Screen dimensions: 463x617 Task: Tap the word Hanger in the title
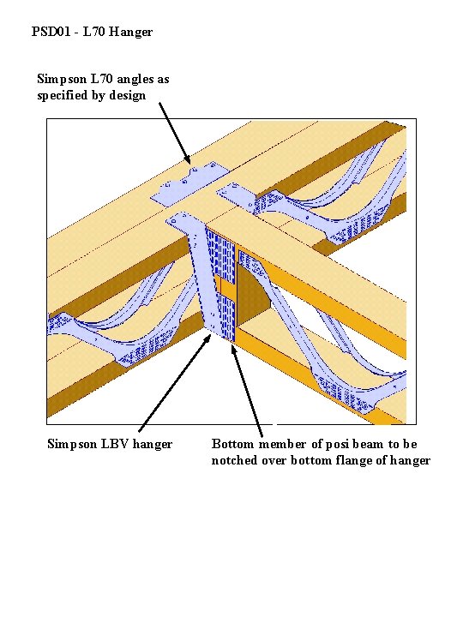pos(130,33)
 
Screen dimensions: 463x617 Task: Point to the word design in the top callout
pos(128,96)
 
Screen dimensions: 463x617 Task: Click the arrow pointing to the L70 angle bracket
pos(174,134)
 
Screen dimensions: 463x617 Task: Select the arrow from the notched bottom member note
pos(247,391)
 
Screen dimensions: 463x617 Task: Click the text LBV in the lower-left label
pos(115,444)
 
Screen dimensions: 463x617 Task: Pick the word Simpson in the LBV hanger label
pos(72,445)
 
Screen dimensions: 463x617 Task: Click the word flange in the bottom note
pos(352,461)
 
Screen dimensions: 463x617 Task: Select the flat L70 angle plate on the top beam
pos(189,183)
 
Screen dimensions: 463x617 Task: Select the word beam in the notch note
pos(368,444)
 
